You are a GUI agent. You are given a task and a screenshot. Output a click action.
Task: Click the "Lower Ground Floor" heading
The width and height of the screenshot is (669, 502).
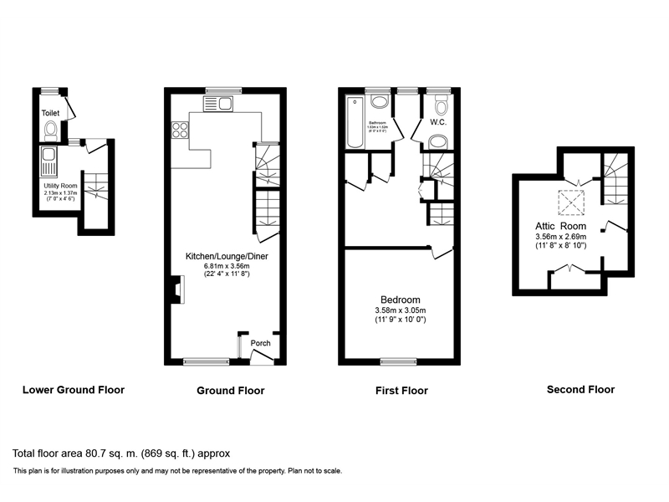pyautogui.click(x=74, y=390)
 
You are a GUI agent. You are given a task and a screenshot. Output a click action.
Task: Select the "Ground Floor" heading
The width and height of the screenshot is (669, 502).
pyautogui.click(x=230, y=391)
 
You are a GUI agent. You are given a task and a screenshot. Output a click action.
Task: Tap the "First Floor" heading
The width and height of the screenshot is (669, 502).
pyautogui.click(x=401, y=391)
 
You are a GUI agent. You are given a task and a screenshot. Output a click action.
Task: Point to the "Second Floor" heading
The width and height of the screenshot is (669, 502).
pyautogui.click(x=580, y=389)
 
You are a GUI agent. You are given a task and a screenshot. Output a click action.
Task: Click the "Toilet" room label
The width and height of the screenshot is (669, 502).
pyautogui.click(x=52, y=111)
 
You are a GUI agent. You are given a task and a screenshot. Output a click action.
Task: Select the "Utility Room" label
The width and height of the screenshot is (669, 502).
pyautogui.click(x=59, y=185)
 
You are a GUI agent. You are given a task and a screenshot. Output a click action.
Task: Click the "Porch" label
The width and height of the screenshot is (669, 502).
pyautogui.click(x=261, y=343)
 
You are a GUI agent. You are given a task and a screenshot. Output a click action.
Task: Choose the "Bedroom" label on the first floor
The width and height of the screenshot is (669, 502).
pyautogui.click(x=400, y=300)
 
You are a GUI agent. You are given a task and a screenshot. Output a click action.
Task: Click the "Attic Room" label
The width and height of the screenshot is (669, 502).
pyautogui.click(x=560, y=227)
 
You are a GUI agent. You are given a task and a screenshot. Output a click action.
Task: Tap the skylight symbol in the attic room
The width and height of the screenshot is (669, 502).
pyautogui.click(x=572, y=202)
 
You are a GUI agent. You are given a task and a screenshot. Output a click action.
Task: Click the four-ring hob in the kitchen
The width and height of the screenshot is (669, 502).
pyautogui.click(x=180, y=130)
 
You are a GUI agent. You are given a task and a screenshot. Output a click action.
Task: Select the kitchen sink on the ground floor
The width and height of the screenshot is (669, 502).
pyautogui.click(x=218, y=103)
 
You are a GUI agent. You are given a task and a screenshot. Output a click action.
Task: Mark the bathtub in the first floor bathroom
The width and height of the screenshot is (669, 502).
pyautogui.click(x=355, y=123)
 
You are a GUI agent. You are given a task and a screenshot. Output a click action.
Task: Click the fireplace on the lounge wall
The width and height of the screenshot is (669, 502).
pyautogui.click(x=177, y=290)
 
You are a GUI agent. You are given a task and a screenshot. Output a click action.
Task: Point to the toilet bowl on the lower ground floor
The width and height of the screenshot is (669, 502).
pyautogui.click(x=51, y=130)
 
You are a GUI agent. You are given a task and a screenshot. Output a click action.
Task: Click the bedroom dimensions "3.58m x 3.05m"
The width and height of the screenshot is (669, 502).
pyautogui.click(x=400, y=311)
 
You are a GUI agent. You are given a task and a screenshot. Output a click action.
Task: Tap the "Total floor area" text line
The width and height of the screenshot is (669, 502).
pyautogui.click(x=121, y=453)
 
